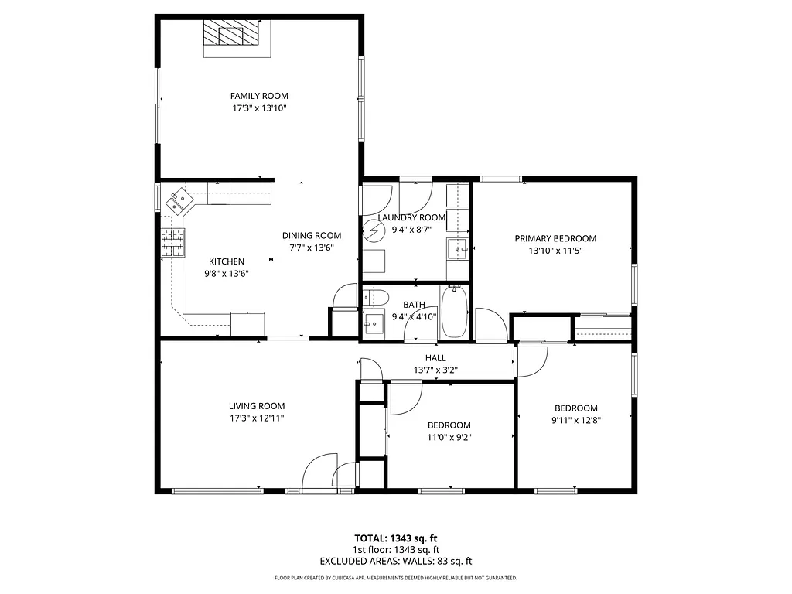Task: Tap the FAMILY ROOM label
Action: [x=259, y=96]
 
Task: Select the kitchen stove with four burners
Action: [x=173, y=242]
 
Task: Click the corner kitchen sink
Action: [x=180, y=201]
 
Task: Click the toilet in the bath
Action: [x=376, y=296]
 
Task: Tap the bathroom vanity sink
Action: [x=374, y=323]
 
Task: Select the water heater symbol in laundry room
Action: [x=375, y=230]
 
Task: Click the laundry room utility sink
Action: [x=458, y=248]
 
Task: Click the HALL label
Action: [x=435, y=358]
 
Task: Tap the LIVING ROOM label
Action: [x=256, y=406]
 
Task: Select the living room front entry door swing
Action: [x=317, y=473]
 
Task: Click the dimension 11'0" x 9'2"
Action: [x=449, y=437]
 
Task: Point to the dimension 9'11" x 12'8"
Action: [x=575, y=421]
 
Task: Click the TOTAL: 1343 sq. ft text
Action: [x=396, y=538]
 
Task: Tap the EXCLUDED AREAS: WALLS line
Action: [x=396, y=562]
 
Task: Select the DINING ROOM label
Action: [x=311, y=236]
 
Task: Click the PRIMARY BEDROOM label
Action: [x=555, y=239]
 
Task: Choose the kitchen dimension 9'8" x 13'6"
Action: [x=226, y=273]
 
